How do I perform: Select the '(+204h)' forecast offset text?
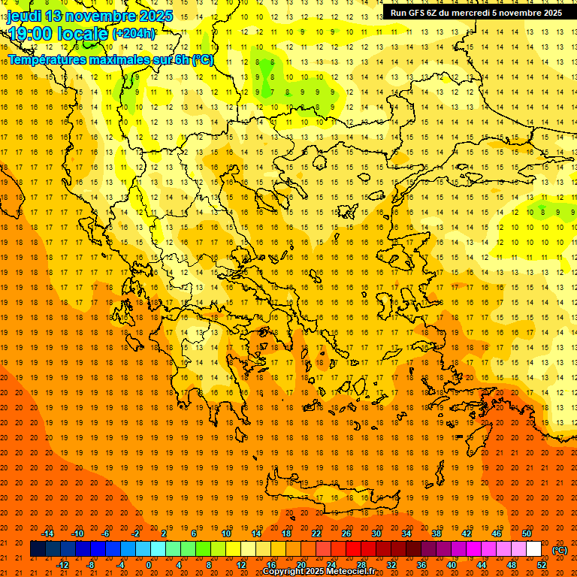coord(134,33)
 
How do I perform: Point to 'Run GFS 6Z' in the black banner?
coord(415,13)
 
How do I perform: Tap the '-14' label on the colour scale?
coord(47,533)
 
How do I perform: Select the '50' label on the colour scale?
coord(526,533)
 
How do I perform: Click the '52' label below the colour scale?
coord(542,565)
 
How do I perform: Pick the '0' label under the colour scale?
coord(149,565)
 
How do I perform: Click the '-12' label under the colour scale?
coord(62,565)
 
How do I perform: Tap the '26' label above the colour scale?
coord(346,533)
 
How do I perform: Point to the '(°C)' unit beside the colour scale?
coord(560,549)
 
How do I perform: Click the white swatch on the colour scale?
coord(533,549)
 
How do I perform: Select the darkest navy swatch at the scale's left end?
coord(38,549)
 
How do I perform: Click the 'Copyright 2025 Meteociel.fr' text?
coord(319,572)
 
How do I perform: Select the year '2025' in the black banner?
coord(548,13)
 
